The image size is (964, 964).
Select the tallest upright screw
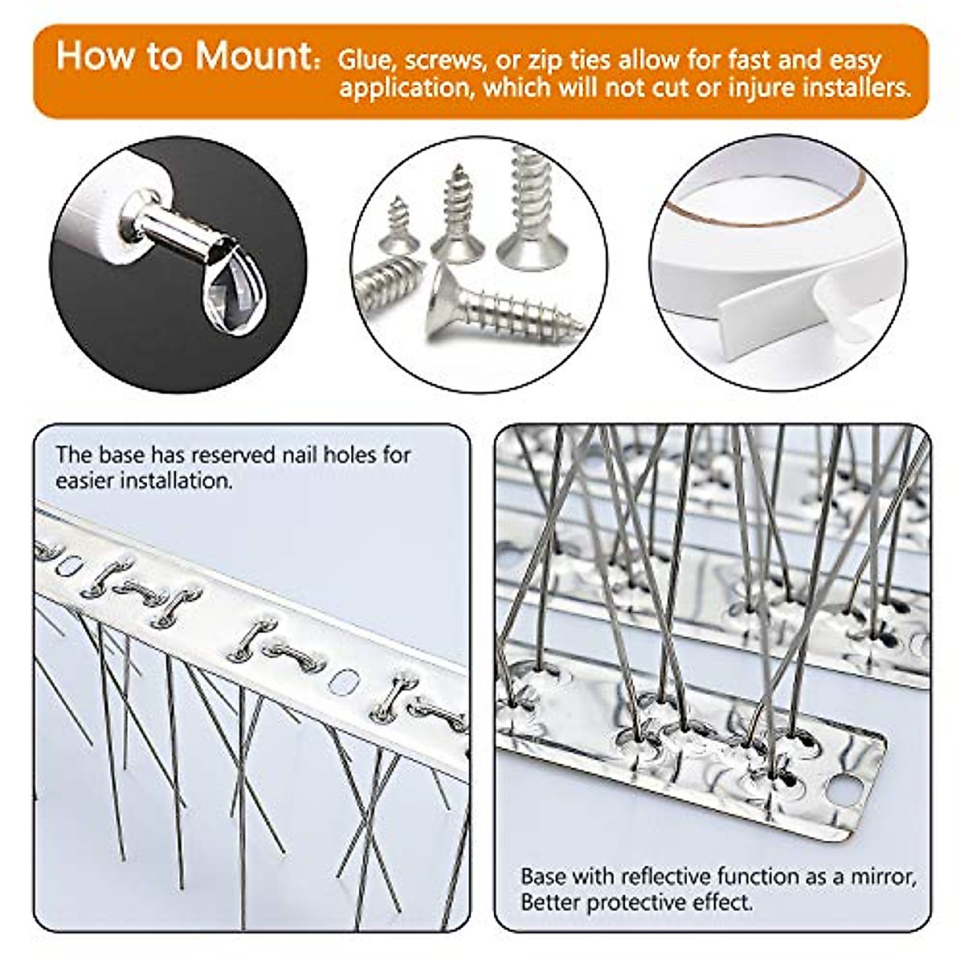[x=530, y=209]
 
